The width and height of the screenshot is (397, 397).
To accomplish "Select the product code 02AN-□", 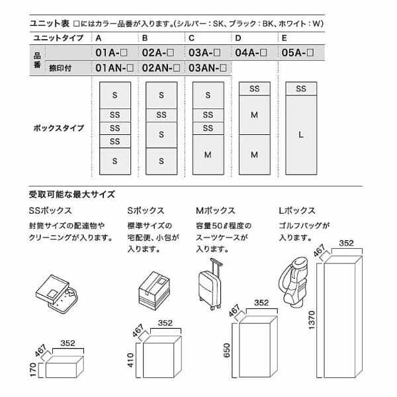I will point(162,67).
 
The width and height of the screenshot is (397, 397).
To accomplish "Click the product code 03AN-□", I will point(208,67).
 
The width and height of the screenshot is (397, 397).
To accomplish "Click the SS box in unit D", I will point(255,89).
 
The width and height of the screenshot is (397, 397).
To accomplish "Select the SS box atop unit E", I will point(301,89).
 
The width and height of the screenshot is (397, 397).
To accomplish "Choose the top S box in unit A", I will point(115,95).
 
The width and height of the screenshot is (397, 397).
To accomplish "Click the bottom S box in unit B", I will point(161,161).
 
